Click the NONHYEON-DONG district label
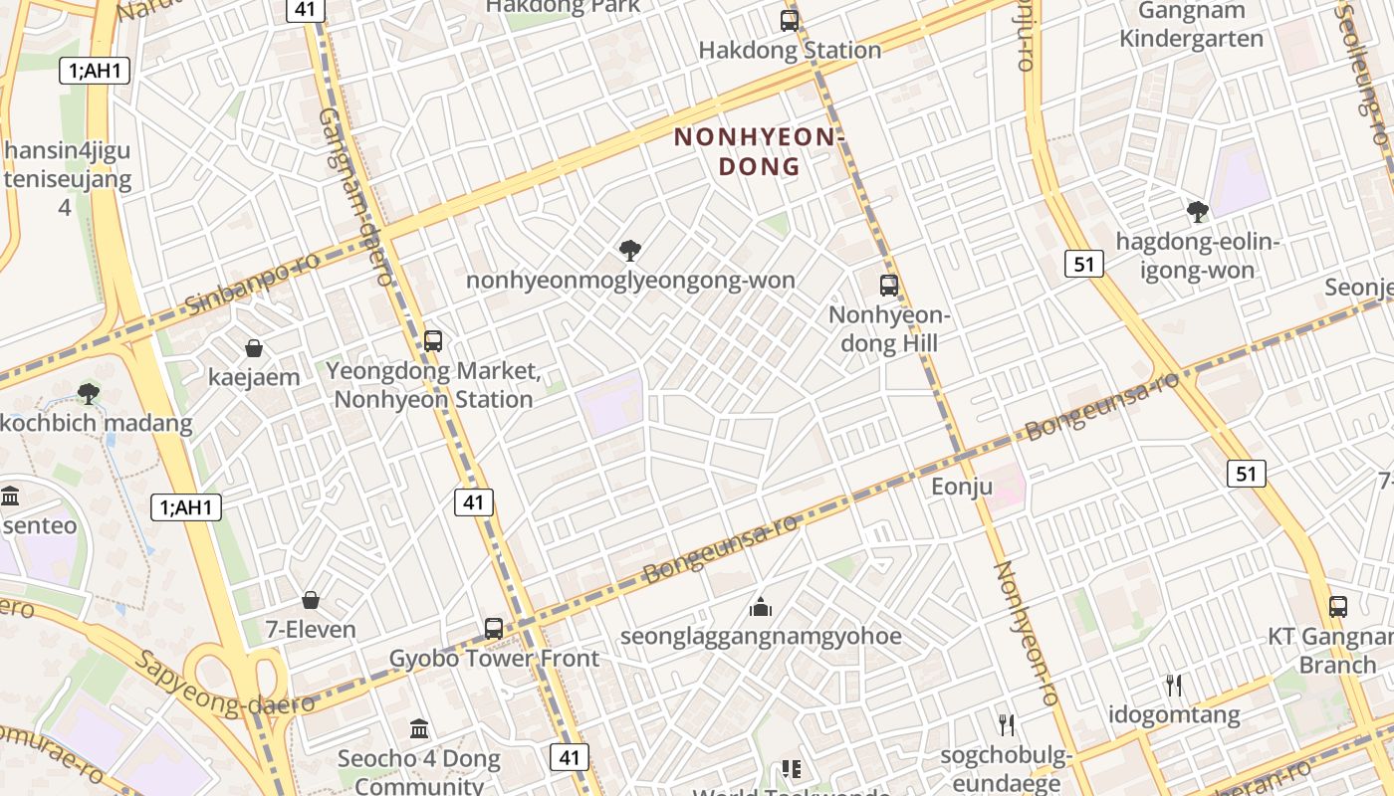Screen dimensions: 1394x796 760,151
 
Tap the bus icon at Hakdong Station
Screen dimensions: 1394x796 790,20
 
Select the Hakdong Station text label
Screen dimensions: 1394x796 790,50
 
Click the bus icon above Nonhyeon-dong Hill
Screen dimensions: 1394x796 889,286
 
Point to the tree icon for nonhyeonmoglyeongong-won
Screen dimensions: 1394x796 629,250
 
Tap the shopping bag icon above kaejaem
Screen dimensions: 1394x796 254,348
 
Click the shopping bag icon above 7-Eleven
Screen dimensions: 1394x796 311,600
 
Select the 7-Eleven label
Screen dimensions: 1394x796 311,630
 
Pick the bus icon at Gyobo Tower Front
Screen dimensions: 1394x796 494,628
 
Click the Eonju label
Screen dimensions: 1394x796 962,487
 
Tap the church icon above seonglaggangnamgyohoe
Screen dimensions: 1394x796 761,606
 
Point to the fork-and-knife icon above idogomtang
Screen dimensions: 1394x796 1174,685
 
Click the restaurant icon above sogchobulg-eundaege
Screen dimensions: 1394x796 1007,724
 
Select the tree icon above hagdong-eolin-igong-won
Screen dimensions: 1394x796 1198,211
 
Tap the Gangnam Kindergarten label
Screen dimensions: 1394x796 1191,26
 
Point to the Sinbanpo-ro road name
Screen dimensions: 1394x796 253,285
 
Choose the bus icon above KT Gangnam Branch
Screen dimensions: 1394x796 1338,606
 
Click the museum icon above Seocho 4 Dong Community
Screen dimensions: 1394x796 419,728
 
